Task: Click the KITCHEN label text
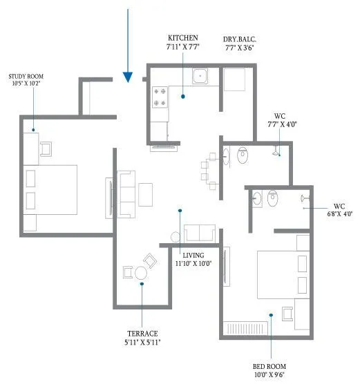click(183, 37)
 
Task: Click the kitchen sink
click(201, 77)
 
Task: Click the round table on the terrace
click(141, 272)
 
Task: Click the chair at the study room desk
click(47, 149)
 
